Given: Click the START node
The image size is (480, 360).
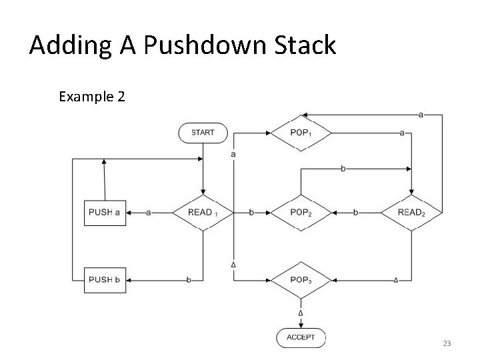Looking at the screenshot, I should coord(203,133).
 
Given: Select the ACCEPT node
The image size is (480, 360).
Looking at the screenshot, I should coord(301,337).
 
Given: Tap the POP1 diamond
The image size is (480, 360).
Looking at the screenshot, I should coord(301,133).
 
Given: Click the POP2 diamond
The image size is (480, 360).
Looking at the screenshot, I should coord(301,213).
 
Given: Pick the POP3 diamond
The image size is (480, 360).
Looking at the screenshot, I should coord(301,280).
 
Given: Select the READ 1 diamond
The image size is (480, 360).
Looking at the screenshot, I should coord(203,213).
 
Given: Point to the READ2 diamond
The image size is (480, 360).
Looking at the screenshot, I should coord(411,213).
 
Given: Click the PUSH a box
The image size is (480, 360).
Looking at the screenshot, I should coord(105,213).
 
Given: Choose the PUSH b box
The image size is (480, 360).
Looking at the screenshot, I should coord(105,280).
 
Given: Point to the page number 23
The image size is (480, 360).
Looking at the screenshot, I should coord(447,343).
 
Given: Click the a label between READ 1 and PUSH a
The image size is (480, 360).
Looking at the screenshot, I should coord(148,213).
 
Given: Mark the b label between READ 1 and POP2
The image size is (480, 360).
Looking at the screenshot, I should coord(251,213).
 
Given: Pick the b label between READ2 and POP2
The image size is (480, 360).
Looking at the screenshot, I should coord(355,213).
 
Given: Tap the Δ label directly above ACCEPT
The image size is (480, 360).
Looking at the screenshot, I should coord(301,313).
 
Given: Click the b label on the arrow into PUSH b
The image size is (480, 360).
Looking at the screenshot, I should coord(189,280).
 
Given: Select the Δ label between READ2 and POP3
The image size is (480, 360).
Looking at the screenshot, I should coord(396,280).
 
